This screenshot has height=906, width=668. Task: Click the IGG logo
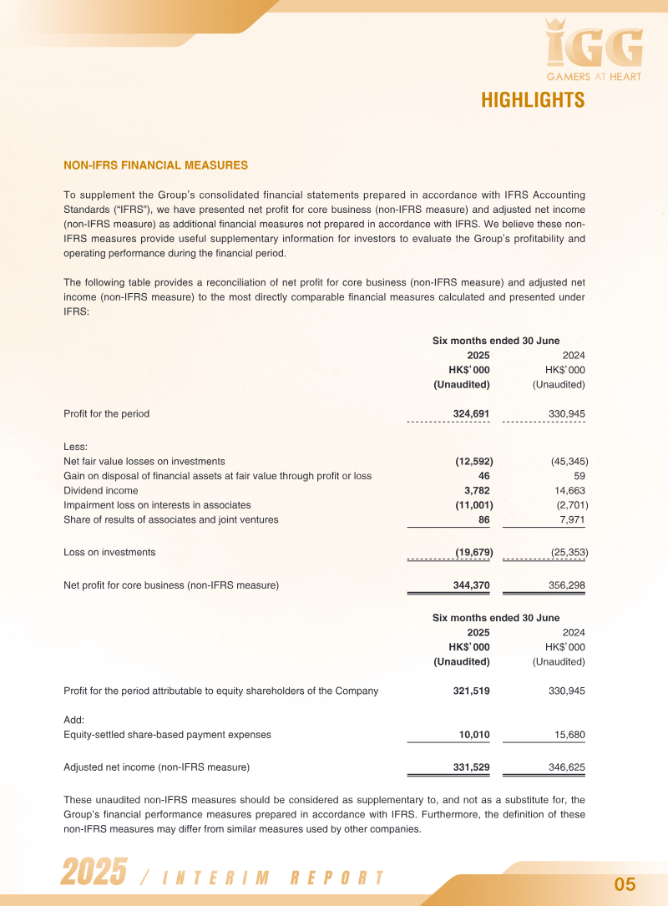click(594, 46)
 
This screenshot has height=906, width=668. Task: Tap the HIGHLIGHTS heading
click(532, 100)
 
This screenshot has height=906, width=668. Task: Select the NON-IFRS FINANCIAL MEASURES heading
click(155, 165)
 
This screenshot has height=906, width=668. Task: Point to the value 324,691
click(471, 413)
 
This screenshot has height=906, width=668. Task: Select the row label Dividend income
click(101, 490)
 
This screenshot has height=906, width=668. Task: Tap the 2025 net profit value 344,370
click(471, 585)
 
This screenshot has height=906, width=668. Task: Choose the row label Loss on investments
click(109, 552)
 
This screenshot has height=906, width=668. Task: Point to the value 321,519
click(471, 691)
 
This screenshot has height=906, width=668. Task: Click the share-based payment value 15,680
click(568, 735)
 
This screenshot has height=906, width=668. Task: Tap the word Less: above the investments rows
click(75, 447)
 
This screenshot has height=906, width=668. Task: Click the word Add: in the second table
click(74, 719)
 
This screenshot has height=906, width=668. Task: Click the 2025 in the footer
click(94, 873)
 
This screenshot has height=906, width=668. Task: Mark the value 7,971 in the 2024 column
click(572, 519)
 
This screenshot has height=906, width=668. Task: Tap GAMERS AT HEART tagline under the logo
click(594, 77)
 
